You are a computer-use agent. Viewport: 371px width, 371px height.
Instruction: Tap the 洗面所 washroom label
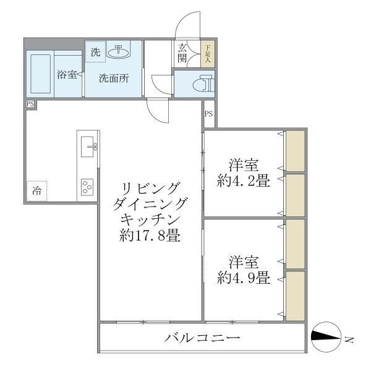click(114, 79)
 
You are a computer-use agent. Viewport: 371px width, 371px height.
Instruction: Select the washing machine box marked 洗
click(95, 53)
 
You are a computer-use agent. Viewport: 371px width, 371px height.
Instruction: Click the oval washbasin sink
click(118, 53)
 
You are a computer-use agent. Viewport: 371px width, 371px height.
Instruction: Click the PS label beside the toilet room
click(209, 114)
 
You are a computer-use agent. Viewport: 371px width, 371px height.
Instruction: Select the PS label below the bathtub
click(30, 104)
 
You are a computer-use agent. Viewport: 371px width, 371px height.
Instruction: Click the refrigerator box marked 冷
click(37, 191)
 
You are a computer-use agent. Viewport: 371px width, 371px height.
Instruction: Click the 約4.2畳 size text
click(243, 181)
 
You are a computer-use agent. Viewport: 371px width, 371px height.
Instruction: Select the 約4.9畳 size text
click(243, 278)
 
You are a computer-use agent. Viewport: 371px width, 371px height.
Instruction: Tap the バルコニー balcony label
click(202, 338)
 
